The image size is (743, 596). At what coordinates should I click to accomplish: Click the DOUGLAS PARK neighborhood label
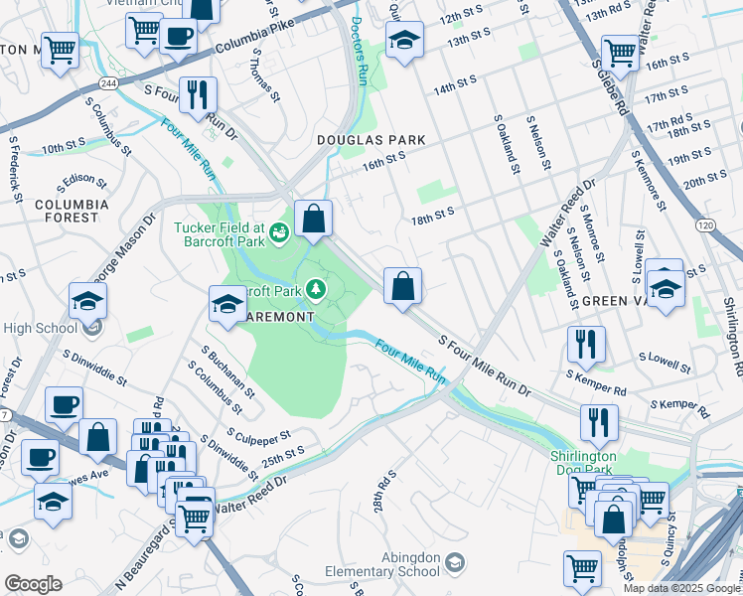371,141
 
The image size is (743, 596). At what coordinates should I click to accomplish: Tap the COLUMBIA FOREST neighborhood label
67,210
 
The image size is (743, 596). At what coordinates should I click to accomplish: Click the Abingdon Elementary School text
382,564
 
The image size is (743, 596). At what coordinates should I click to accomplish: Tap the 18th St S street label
433,212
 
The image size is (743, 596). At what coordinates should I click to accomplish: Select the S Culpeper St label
257,436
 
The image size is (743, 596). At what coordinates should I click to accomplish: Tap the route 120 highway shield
705,226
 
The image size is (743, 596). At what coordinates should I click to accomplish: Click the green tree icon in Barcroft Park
316,289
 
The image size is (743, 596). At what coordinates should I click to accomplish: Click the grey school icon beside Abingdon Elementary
454,564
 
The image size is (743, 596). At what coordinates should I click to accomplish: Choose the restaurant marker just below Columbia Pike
197,95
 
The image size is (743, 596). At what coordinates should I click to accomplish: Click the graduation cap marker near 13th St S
403,42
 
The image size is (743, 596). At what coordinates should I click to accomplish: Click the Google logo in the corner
32,584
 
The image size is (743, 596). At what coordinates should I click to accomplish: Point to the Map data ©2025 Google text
681,588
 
